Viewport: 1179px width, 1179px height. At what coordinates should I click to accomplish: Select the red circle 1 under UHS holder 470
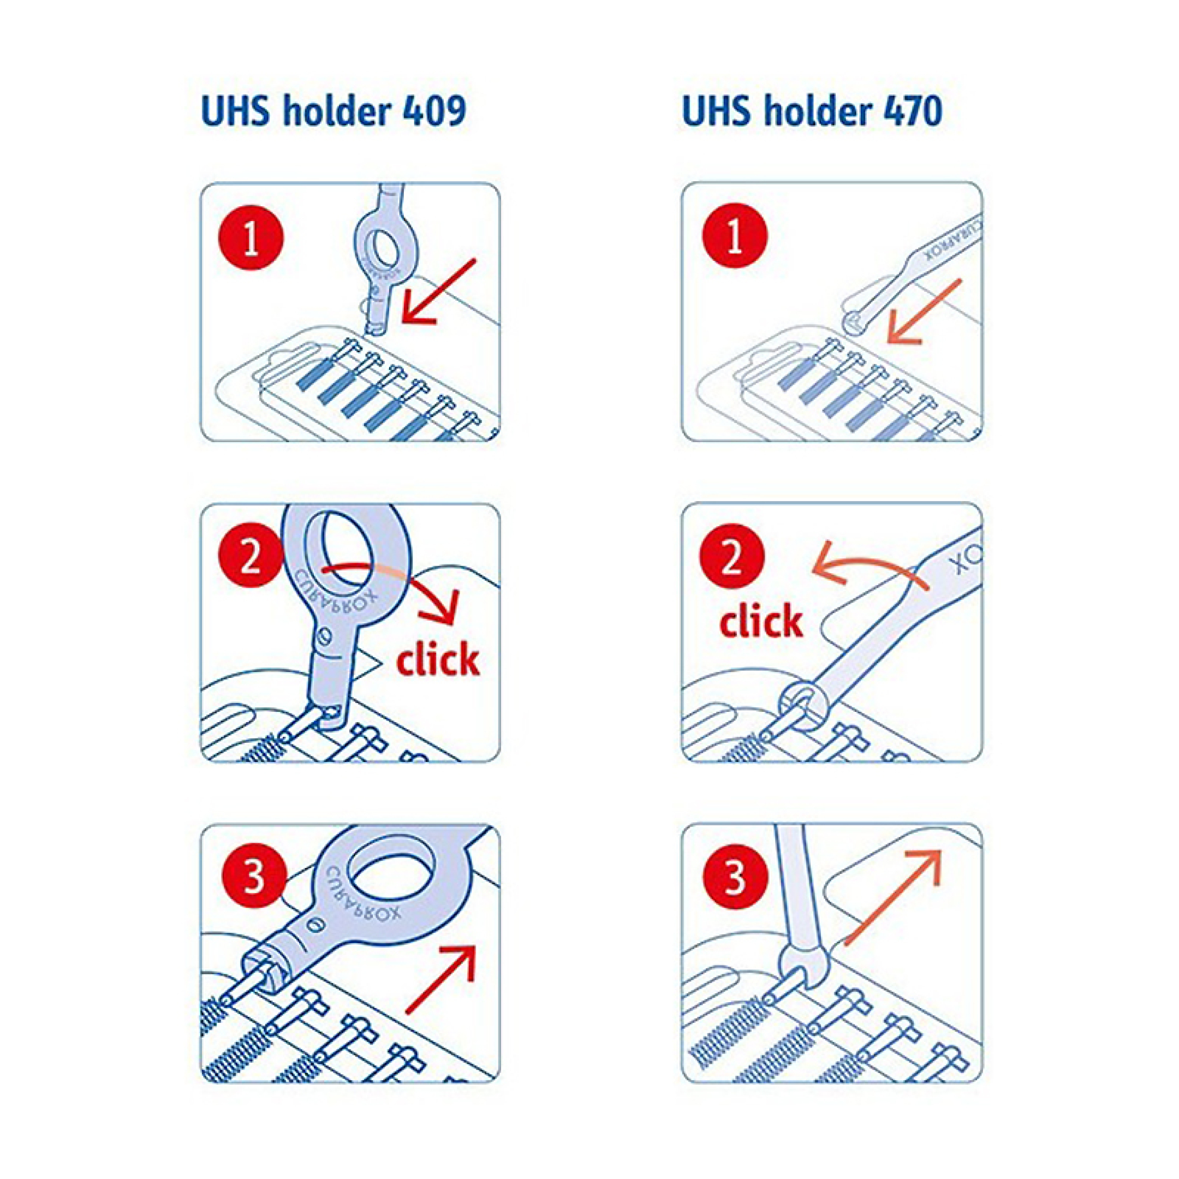click(x=735, y=236)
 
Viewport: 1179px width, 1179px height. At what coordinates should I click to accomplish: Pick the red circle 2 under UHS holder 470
click(x=731, y=557)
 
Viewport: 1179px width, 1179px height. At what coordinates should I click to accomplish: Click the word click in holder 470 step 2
click(x=761, y=621)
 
